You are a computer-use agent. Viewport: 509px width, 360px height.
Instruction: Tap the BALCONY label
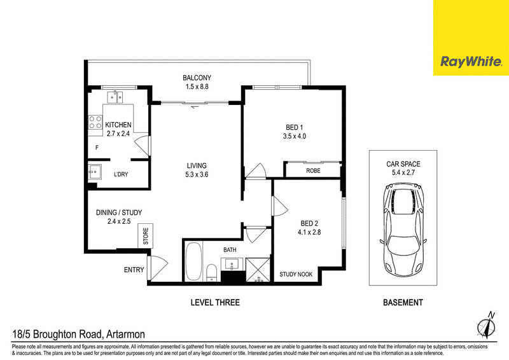(x=197, y=78)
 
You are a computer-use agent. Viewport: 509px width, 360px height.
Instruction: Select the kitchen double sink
(x=115, y=97)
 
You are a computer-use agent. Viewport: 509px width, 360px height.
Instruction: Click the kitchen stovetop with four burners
(x=95, y=123)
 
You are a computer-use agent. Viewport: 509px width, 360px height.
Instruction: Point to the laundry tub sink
(x=95, y=172)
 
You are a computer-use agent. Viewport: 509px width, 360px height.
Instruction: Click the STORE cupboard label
(x=146, y=236)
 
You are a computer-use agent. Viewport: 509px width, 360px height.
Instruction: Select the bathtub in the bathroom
(x=194, y=261)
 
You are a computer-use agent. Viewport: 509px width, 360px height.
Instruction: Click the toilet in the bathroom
(x=211, y=273)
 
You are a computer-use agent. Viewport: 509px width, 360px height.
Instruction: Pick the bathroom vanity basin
(x=232, y=264)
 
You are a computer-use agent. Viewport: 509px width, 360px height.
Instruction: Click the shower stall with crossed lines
(x=258, y=270)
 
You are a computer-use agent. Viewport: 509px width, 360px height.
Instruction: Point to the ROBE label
(x=313, y=170)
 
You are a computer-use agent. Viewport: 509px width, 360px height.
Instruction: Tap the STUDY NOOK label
(x=296, y=275)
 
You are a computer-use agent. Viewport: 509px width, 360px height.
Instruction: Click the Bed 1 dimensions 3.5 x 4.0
(x=294, y=136)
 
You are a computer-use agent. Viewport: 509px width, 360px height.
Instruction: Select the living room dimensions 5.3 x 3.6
(x=197, y=175)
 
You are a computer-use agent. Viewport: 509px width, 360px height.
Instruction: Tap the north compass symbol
(x=486, y=324)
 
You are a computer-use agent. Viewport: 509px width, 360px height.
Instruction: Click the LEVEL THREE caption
(x=215, y=303)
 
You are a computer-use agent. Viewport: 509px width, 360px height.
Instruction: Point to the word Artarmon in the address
(x=125, y=334)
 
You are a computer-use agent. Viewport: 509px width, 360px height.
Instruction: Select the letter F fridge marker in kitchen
(x=97, y=148)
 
